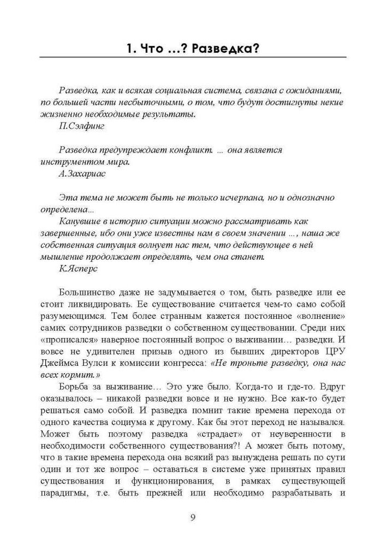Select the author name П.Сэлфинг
coord(81,126)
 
